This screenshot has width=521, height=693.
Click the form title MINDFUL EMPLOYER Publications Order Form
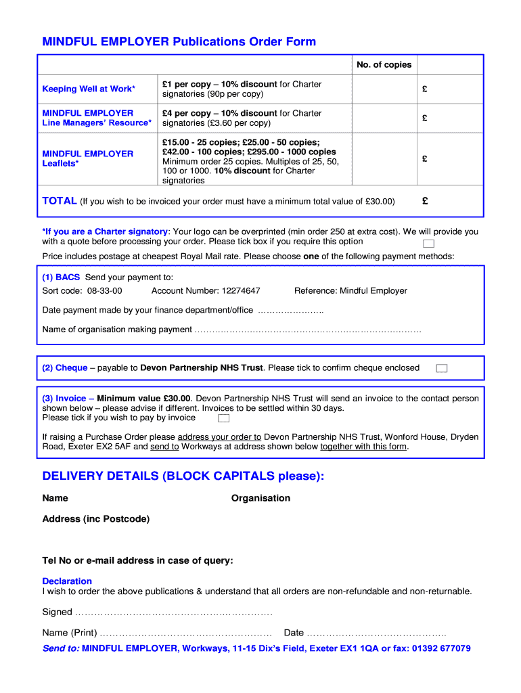click(x=179, y=42)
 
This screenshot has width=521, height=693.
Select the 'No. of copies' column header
click(x=384, y=65)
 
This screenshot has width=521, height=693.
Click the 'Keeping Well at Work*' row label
click(x=89, y=89)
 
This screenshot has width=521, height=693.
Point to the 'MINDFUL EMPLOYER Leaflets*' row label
click(x=88, y=158)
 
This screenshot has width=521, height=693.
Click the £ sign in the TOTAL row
click(x=425, y=201)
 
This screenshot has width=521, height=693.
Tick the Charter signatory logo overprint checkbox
click(x=428, y=244)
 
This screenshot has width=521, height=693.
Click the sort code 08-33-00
click(x=104, y=291)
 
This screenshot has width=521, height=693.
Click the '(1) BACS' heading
click(x=61, y=277)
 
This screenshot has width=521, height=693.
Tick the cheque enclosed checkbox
click(x=441, y=368)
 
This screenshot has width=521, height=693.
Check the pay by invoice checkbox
click(x=223, y=418)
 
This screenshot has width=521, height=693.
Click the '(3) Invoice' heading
click(x=64, y=399)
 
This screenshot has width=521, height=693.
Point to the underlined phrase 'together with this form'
click(x=364, y=447)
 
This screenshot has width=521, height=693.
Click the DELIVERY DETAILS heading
click(x=183, y=476)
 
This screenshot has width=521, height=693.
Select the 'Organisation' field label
click(x=260, y=498)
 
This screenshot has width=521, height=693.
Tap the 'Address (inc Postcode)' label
click(x=96, y=519)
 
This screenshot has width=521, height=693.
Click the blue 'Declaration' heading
click(x=67, y=581)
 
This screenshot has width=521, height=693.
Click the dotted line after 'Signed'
click(x=173, y=612)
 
